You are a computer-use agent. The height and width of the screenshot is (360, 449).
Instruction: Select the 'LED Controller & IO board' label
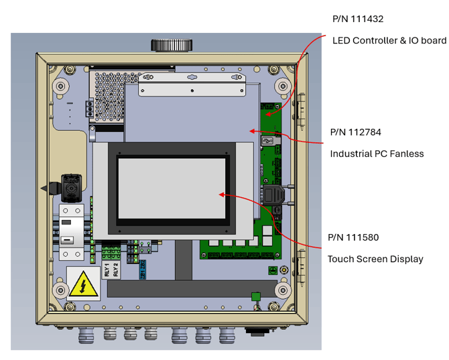click(389, 41)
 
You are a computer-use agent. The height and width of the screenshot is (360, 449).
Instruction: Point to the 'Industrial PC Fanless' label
click(377, 154)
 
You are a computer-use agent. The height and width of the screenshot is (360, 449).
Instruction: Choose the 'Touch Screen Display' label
click(375, 259)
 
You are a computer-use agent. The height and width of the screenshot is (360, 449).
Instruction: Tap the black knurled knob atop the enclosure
click(172, 45)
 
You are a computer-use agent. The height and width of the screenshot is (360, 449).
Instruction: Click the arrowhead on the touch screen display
click(222, 194)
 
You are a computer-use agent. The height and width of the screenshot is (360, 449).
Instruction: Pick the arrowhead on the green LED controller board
click(270, 115)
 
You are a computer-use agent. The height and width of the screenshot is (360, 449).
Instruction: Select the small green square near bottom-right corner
click(255, 296)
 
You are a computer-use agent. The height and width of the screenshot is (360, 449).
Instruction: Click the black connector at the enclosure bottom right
click(255, 330)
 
